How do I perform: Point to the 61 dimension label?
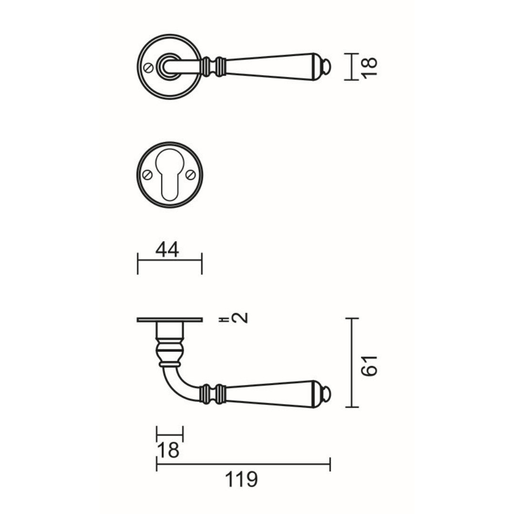coord(370,365)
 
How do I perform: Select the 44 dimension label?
coord(167,249)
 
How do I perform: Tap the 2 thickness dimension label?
coord(242,317)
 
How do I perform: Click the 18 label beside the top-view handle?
coord(370,67)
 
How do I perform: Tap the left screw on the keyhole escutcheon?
coord(148,175)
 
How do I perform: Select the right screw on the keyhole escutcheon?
coord(192,175)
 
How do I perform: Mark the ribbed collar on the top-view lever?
coord(213,66)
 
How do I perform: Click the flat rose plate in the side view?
coord(170,320)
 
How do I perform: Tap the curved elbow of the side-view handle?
coord(178,383)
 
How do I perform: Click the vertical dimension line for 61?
coord(352,363)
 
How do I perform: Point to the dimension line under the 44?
coord(169,260)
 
